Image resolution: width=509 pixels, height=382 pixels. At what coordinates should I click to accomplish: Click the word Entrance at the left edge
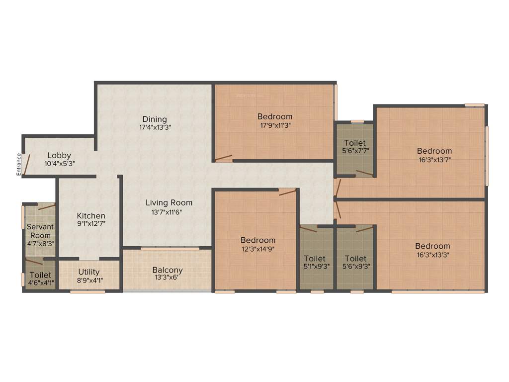[x=19, y=164]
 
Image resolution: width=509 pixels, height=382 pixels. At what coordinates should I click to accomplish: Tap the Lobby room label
[x=59, y=155]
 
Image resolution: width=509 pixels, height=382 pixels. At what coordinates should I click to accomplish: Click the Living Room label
[x=169, y=202]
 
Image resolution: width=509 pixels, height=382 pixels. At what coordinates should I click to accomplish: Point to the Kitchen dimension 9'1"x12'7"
[x=91, y=224]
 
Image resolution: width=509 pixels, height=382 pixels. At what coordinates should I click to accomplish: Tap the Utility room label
[x=89, y=272]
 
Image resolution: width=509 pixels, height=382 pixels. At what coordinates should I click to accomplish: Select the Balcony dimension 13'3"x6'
[x=167, y=278]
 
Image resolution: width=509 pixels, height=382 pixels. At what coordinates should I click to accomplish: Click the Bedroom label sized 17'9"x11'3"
[x=274, y=116]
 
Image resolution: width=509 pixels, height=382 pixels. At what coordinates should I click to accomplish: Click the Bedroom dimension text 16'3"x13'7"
[x=434, y=160]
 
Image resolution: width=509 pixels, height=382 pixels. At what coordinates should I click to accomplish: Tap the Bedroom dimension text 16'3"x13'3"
[x=433, y=255]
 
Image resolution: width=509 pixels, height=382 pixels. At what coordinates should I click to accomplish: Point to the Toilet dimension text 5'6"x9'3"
[x=355, y=266]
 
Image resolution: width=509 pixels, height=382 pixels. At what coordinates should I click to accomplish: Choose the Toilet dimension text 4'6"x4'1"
[x=40, y=283]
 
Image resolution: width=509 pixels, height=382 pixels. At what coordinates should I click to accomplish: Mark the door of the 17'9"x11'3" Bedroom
[x=223, y=159]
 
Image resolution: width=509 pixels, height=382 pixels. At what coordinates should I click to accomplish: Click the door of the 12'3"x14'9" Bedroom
[x=288, y=192]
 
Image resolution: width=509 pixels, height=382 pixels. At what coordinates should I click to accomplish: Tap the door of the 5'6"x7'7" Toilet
[x=364, y=173]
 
